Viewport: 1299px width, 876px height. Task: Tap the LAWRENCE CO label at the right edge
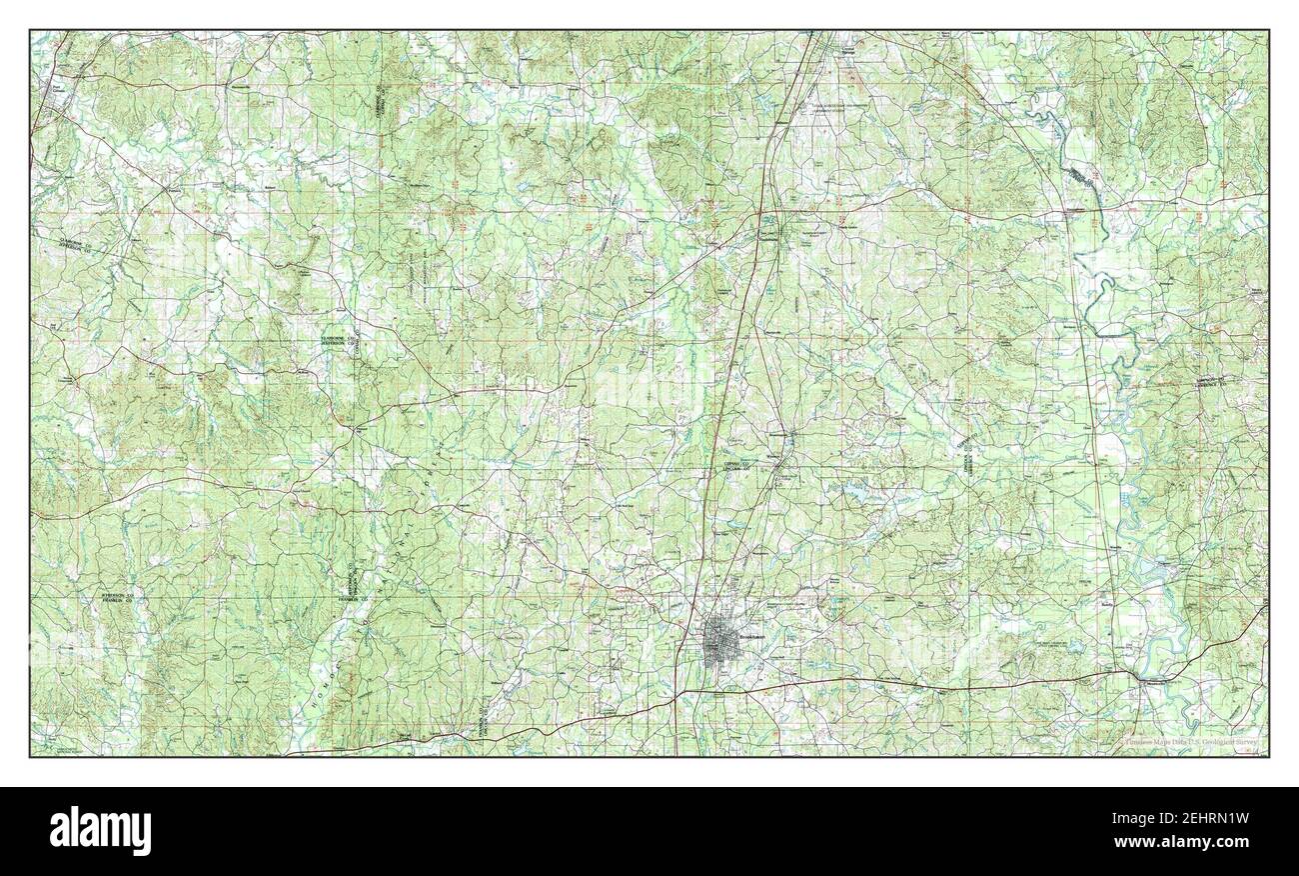[1245, 384]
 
